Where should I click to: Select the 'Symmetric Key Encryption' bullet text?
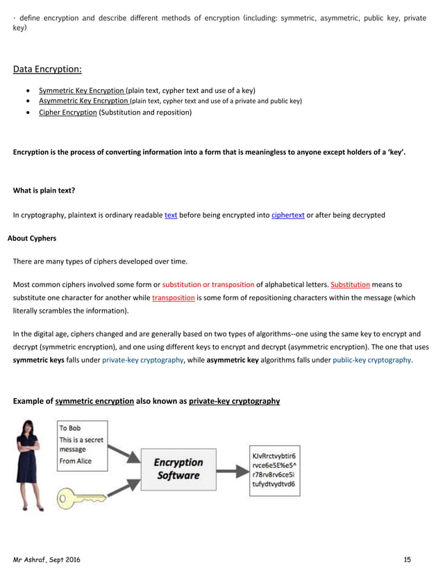(81, 90)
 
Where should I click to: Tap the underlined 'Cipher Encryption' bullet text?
(67, 112)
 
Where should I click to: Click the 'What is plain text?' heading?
(44, 190)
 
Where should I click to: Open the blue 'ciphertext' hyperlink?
(287, 215)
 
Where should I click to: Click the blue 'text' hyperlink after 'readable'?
(170, 215)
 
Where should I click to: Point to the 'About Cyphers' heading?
(31, 238)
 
